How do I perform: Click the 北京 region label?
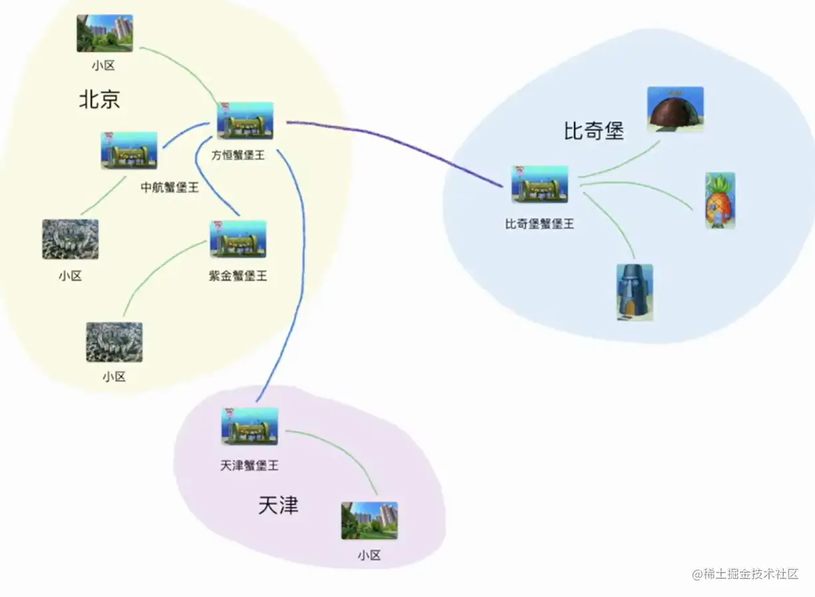[99, 100]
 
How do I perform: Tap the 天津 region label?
[278, 506]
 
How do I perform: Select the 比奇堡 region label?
[594, 131]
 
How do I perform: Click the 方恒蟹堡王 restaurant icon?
[245, 120]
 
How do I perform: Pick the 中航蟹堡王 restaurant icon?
[129, 150]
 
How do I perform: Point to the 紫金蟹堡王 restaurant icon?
[238, 239]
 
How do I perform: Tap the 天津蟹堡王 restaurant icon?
[250, 427]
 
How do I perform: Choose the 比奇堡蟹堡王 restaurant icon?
[539, 184]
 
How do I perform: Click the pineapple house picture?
[720, 200]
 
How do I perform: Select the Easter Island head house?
[634, 292]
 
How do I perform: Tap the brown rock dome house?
[675, 109]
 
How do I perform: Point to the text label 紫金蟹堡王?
[238, 276]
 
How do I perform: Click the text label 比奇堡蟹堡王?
[539, 224]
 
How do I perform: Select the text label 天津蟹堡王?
[249, 466]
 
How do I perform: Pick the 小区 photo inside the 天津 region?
[370, 520]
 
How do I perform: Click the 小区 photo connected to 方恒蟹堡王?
[105, 33]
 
